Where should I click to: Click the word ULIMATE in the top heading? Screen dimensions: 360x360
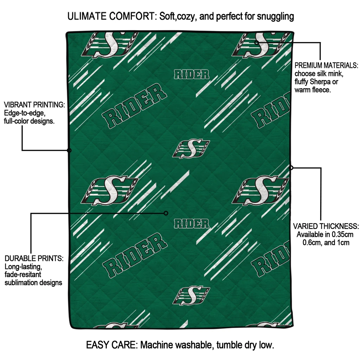tap(87, 16)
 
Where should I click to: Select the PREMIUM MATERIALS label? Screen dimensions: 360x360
tap(326, 65)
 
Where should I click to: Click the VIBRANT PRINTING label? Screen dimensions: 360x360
tap(34, 105)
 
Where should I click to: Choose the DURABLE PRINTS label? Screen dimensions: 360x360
tap(34, 258)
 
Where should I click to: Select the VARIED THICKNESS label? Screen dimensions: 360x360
tap(326, 226)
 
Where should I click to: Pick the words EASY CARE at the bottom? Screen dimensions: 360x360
tap(111, 345)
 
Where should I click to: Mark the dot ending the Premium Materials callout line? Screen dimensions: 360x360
tap(256, 42)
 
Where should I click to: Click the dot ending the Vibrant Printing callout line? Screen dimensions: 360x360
tap(69, 150)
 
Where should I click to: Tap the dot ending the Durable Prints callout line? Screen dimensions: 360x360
tap(166, 213)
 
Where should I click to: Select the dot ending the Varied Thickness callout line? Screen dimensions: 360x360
tap(291, 168)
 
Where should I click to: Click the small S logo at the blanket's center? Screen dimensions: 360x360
tap(191, 149)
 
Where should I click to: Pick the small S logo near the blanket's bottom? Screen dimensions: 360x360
tap(191, 296)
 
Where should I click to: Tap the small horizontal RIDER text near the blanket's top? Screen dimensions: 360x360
tap(192, 75)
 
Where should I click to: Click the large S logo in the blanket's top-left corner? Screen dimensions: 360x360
tap(110, 45)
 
